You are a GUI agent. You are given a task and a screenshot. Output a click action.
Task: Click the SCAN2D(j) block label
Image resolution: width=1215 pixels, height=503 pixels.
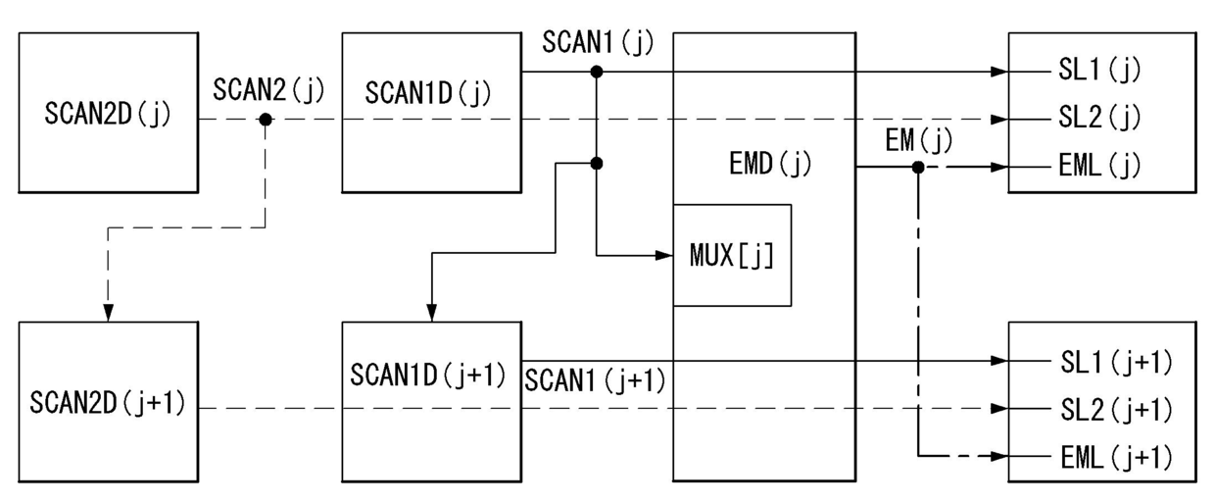pos(108,114)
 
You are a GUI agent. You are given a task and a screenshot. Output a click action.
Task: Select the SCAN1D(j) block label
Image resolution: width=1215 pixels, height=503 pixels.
pos(428,93)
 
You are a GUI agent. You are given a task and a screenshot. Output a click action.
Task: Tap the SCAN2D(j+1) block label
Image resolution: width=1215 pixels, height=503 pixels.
pos(108,403)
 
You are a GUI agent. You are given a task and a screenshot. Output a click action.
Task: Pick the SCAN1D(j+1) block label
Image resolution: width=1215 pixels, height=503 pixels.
pos(428,375)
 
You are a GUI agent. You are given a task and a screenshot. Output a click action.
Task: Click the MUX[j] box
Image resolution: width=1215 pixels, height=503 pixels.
pos(732,255)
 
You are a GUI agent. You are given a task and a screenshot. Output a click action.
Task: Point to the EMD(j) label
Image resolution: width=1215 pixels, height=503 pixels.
pos(770,164)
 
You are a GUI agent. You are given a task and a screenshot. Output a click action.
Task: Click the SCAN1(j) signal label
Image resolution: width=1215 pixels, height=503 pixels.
pos(599,42)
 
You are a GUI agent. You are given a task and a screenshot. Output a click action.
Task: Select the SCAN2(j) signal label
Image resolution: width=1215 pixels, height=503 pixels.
pos(268,90)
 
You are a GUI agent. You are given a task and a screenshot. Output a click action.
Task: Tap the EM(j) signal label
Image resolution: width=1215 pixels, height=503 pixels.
pos(919,140)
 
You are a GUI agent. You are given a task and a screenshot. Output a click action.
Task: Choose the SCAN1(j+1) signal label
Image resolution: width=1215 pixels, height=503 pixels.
pos(595,380)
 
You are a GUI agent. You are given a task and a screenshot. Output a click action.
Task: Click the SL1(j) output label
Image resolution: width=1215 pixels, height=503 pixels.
pos(1099,70)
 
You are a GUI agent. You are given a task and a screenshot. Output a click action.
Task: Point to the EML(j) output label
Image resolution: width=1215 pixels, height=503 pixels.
pos(1099,165)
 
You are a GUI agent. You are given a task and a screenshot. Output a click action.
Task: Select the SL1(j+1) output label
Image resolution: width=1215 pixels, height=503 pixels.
pos(1117,363)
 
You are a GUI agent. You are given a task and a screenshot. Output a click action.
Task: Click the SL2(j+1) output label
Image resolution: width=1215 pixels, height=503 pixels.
pos(1117,410)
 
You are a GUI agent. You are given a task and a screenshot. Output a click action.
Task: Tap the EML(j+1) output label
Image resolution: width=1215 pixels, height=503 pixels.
pos(1117,458)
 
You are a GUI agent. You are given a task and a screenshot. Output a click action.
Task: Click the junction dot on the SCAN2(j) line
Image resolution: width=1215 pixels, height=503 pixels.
pos(266,120)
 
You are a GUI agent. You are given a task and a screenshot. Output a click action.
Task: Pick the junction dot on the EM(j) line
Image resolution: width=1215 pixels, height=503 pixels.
pos(918,167)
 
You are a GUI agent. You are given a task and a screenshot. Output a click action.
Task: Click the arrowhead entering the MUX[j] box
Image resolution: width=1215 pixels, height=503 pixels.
pos(664,255)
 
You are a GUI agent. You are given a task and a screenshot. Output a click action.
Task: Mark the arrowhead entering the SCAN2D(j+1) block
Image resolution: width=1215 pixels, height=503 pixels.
pos(109,313)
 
